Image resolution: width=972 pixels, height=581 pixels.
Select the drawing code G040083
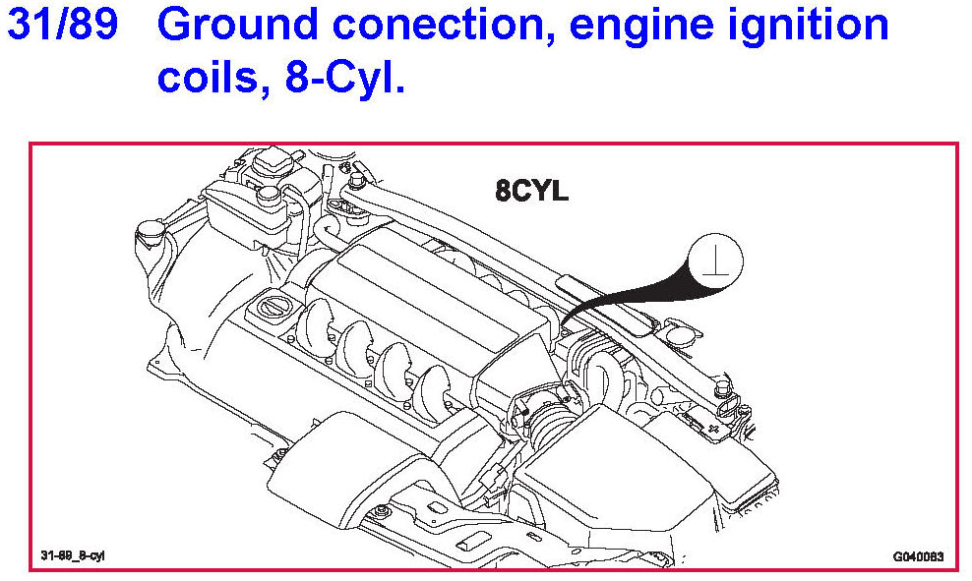pyautogui.click(x=918, y=556)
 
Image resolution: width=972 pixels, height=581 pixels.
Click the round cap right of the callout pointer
pyautogui.click(x=676, y=337)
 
